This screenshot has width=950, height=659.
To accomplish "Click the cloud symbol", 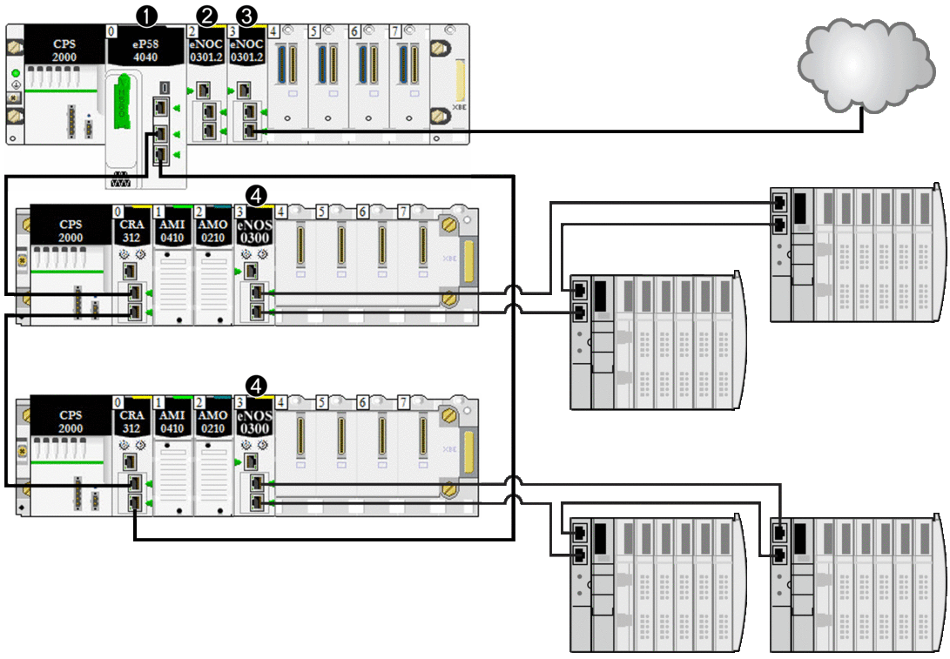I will click(x=870, y=71).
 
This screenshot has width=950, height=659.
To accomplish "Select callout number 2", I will click(x=207, y=15).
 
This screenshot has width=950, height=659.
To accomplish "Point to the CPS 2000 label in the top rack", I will click(x=64, y=50).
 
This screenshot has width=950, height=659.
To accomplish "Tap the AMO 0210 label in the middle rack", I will click(x=213, y=231).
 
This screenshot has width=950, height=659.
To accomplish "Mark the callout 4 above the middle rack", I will click(x=257, y=192).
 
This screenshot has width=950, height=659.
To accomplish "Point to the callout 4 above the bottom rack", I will click(x=257, y=384).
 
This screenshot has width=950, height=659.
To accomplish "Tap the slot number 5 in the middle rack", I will click(x=322, y=212).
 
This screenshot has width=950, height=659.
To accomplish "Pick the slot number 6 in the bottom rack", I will click(x=362, y=403).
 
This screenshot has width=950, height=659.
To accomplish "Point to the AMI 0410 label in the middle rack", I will click(x=172, y=231).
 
